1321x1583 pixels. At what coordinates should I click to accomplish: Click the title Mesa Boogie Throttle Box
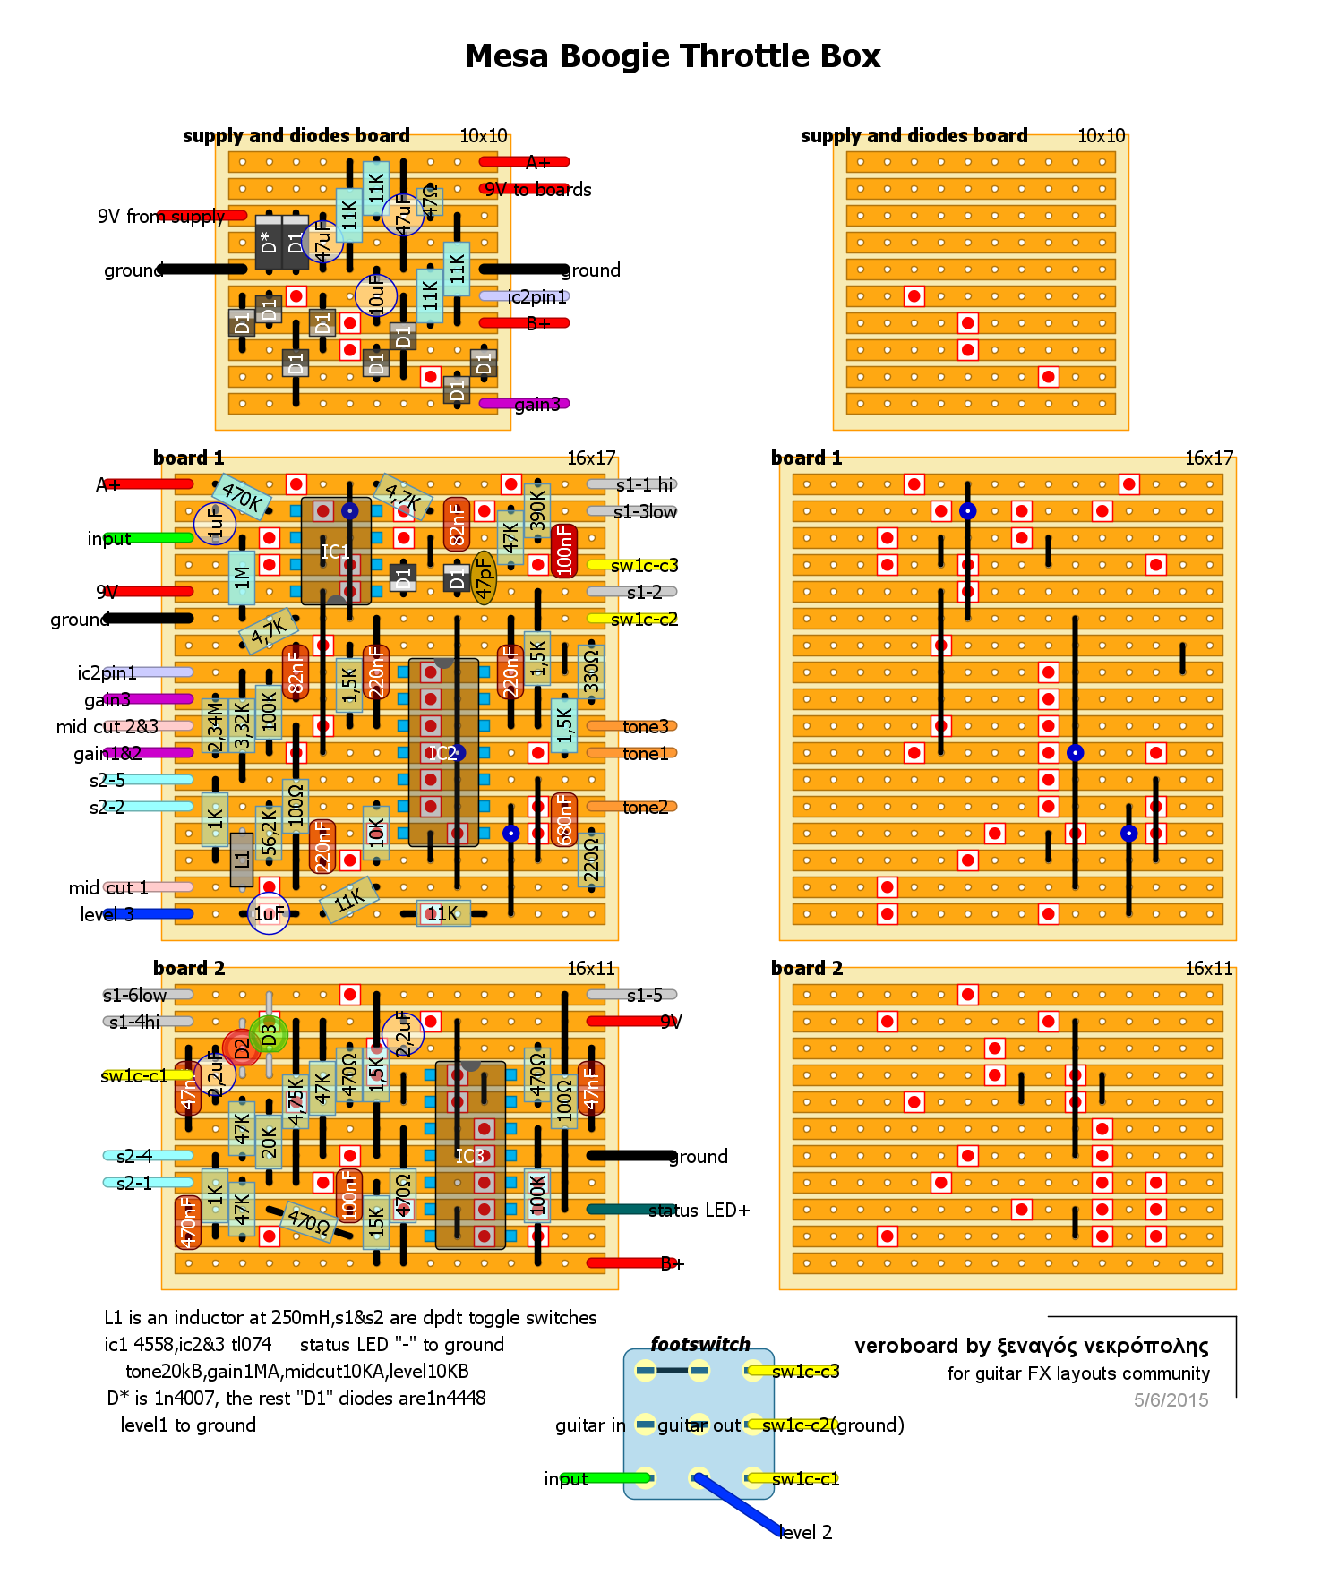673,56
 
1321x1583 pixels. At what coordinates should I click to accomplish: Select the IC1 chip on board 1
335,552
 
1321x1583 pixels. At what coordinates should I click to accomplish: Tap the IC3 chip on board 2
469,1156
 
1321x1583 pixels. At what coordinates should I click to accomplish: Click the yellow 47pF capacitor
484,578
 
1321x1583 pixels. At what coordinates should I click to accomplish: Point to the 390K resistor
537,511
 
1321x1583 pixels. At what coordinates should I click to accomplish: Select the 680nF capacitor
564,819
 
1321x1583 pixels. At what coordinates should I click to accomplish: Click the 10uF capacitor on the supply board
376,295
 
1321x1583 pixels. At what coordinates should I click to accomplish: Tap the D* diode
268,242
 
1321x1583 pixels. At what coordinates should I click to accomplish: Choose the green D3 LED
269,1035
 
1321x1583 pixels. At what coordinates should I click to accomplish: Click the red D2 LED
240,1048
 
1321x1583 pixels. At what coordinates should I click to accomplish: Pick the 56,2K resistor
269,833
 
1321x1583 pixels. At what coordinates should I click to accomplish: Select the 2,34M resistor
215,725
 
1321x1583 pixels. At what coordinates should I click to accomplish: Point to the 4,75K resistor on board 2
296,1102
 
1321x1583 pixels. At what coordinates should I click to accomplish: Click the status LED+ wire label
699,1211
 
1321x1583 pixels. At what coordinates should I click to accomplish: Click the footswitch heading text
700,1344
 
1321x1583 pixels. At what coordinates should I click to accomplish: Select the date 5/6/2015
1171,1400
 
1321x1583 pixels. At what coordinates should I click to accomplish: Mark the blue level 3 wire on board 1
161,914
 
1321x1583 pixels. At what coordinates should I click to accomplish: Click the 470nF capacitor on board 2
188,1222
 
